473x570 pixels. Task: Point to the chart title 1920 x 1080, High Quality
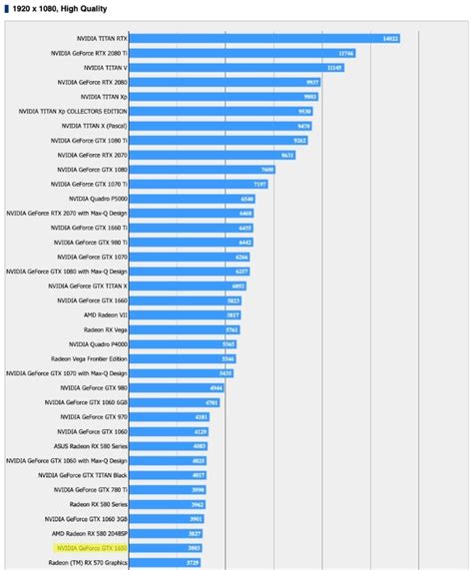[60, 10]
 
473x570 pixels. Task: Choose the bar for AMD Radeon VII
[185, 314]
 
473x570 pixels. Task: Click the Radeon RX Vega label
[105, 328]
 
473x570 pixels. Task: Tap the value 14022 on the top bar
[390, 38]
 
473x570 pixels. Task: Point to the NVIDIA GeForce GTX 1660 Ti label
[89, 227]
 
